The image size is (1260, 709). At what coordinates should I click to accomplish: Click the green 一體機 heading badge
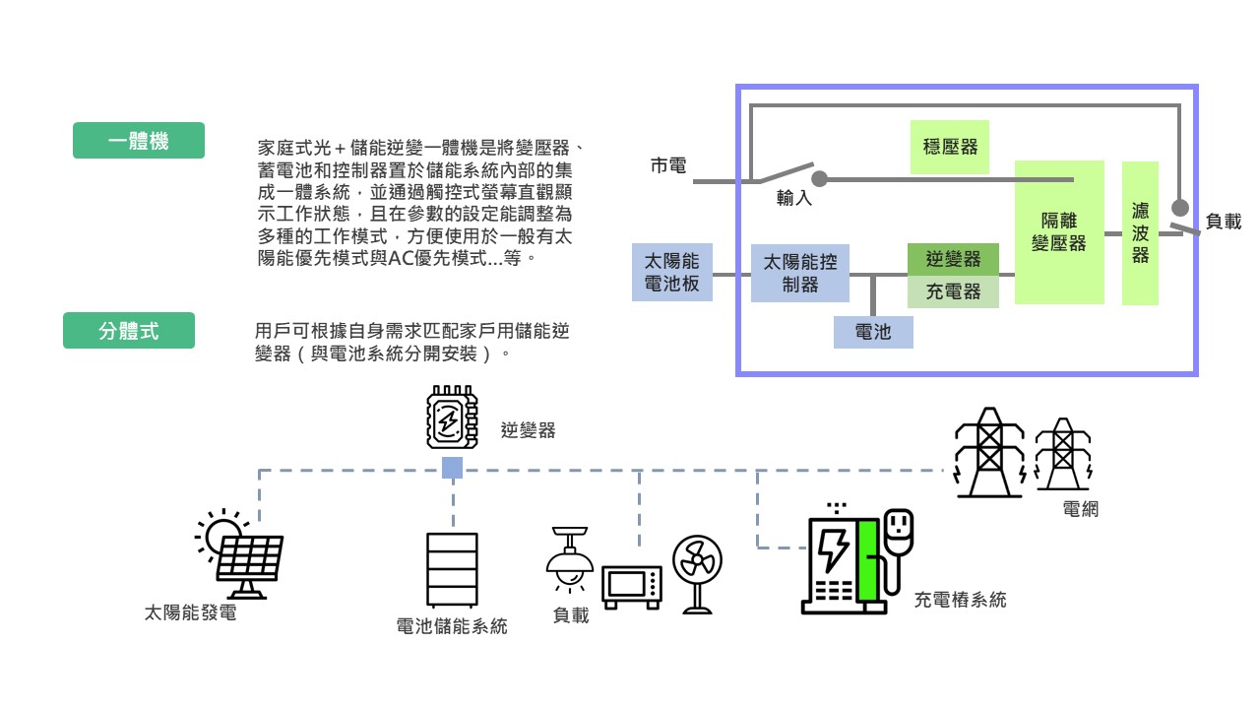click(x=139, y=141)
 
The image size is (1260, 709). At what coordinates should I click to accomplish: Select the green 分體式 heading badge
click(x=129, y=331)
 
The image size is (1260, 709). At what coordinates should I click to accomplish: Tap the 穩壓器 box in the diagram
click(x=950, y=147)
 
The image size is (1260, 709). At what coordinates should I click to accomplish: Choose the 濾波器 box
click(x=1140, y=233)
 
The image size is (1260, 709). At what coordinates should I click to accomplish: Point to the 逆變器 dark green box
click(x=953, y=260)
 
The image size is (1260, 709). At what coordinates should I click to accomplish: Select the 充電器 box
click(x=953, y=292)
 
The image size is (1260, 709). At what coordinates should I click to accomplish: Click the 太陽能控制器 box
click(x=800, y=274)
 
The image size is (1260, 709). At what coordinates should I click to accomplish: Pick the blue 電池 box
click(x=873, y=332)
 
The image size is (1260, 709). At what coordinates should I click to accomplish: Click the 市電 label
click(x=669, y=165)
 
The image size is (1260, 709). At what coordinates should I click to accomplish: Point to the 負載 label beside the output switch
click(x=1223, y=223)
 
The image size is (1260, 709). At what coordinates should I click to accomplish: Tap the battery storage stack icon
click(x=452, y=570)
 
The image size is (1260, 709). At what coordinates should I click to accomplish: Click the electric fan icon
click(x=697, y=574)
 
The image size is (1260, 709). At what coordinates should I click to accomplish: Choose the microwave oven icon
click(x=632, y=588)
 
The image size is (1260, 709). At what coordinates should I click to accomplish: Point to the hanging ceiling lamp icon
click(x=570, y=556)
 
